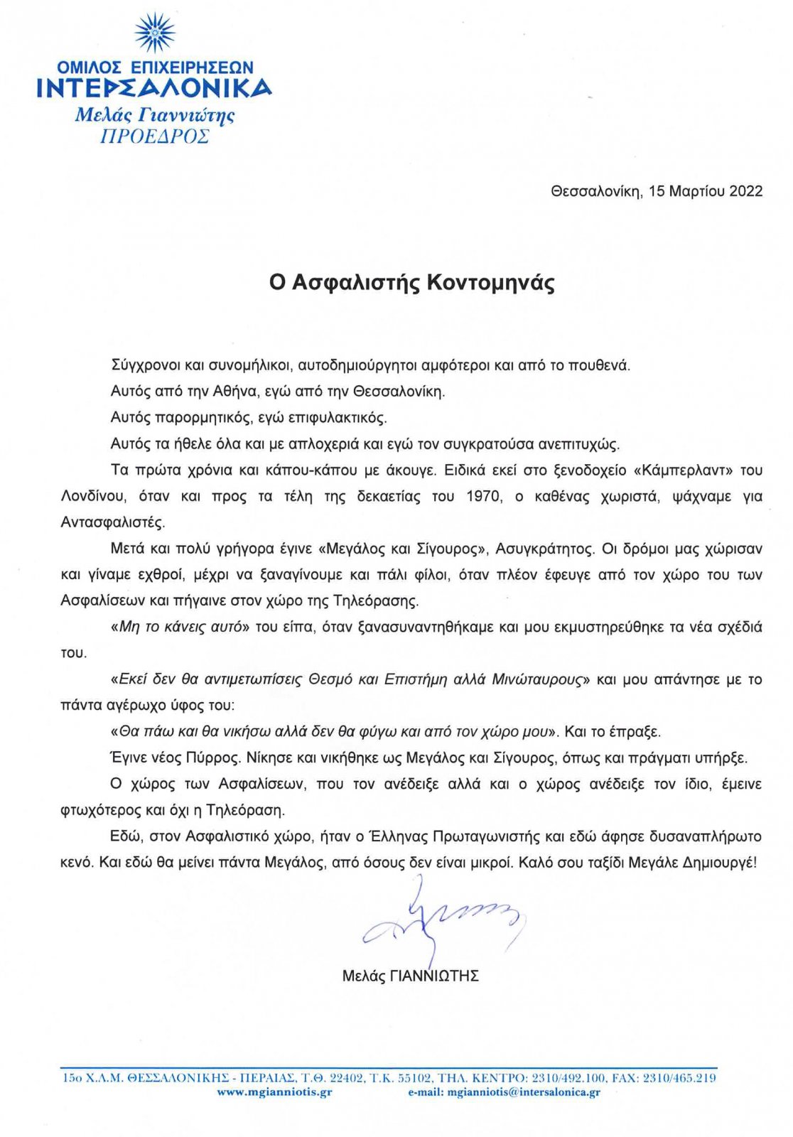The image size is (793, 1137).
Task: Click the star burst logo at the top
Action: (x=154, y=32)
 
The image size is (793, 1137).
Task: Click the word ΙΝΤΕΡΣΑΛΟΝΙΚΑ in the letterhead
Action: (x=153, y=88)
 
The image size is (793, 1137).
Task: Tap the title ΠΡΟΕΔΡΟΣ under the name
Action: (x=154, y=136)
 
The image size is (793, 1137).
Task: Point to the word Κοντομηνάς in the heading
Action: (x=490, y=283)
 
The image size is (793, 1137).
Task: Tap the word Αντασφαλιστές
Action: (x=113, y=522)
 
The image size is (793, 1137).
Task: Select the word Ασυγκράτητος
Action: (x=544, y=549)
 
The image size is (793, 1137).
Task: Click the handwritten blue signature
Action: (x=441, y=920)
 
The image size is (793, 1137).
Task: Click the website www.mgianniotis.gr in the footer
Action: (x=274, y=1092)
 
